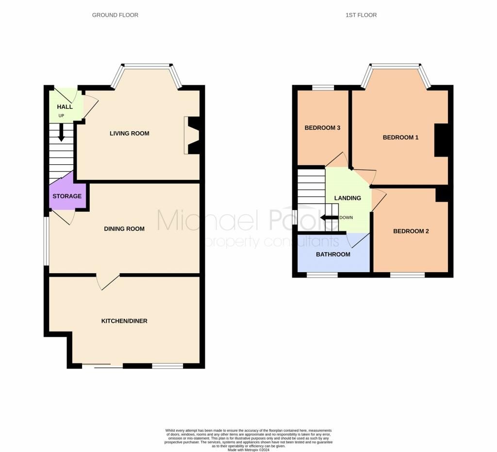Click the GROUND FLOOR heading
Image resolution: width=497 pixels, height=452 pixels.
pos(115,15)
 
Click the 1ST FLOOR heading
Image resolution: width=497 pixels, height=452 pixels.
pos(361,15)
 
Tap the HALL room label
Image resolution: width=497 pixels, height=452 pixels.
pos(65,107)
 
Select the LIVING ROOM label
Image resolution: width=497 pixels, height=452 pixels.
pos(129,133)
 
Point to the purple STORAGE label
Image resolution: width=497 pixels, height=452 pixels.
pos(67,196)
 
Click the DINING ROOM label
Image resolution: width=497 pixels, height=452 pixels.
pos(124,228)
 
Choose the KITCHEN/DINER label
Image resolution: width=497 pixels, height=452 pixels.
pos(124,321)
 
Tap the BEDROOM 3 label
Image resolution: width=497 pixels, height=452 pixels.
pos(322,128)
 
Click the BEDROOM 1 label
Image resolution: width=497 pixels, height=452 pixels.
pos(400,138)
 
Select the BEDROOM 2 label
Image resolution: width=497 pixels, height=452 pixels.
pos(411,231)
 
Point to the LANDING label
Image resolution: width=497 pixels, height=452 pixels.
pos(348,198)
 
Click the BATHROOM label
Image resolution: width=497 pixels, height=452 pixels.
pos(333,254)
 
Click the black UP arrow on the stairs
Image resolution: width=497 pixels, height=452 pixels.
pos(61,133)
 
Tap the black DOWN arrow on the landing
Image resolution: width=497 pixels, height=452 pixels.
pos(329,218)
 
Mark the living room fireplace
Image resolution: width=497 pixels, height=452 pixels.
pos(192,136)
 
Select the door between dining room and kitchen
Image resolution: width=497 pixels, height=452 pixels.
pos(108,281)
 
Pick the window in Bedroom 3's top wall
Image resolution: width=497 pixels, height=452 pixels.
pos(323,87)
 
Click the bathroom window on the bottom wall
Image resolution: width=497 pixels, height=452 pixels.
pos(322,275)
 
